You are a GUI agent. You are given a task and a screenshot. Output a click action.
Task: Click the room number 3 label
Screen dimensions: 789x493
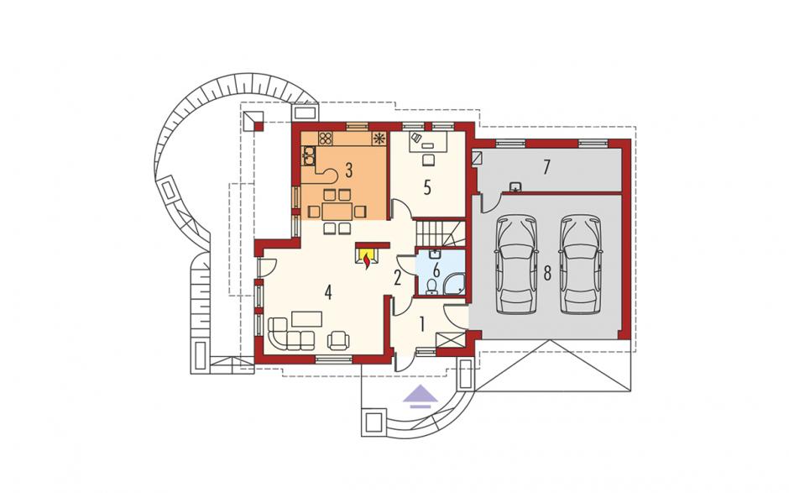[348, 170]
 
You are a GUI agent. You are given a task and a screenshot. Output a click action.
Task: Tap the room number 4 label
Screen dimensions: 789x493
[328, 292]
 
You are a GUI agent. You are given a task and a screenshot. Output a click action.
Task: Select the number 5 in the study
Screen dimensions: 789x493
[427, 187]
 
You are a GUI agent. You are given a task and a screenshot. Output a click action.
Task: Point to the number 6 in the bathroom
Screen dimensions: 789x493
[436, 270]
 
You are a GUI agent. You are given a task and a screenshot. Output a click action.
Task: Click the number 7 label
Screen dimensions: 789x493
[546, 167]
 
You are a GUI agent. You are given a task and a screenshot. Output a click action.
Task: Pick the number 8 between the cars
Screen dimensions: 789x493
[547, 273]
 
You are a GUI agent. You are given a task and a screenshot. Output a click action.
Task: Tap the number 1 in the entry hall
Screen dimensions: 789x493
[422, 325]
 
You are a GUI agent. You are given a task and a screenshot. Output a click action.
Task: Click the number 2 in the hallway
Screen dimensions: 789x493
[397, 278]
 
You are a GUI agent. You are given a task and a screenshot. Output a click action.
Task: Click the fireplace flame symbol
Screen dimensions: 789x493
[368, 261]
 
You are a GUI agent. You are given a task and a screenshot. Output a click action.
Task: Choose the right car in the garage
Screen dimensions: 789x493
[581, 265]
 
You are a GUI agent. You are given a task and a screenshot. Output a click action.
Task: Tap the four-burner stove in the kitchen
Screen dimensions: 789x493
[326, 138]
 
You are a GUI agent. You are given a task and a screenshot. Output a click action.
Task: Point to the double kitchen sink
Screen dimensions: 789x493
[308, 155]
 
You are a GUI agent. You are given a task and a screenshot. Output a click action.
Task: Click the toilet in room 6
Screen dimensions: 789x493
[431, 288]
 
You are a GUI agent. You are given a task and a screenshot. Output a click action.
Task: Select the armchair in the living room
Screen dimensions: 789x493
[338, 341]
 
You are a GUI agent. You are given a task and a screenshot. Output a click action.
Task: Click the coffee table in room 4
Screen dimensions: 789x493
[307, 319]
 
